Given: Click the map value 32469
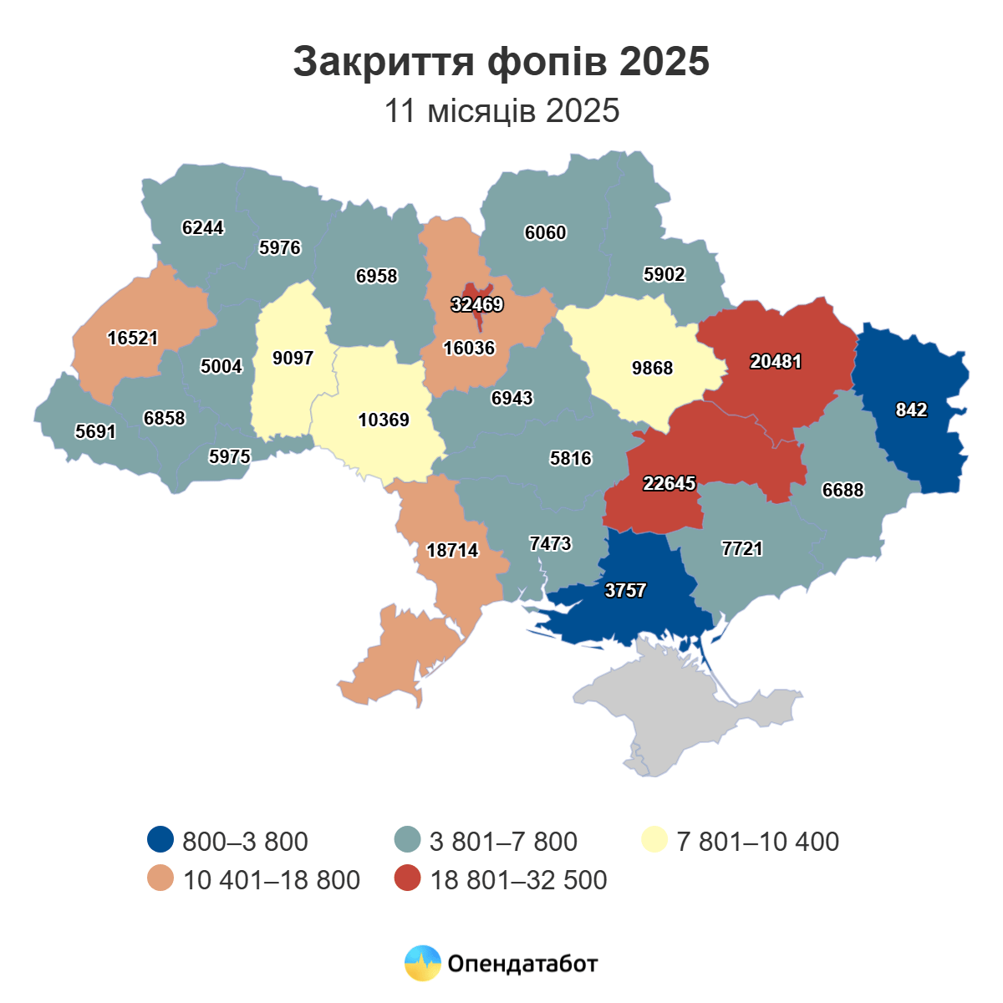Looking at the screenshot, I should pos(477,305).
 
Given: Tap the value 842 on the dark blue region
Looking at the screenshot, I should pos(911,410).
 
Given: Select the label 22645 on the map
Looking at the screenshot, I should pos(670,483).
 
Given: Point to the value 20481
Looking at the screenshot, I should pos(776,362).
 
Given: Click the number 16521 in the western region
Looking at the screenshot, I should pos(133,339).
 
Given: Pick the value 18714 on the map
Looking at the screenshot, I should pos(452,551).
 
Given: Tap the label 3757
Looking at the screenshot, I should pos(625,591).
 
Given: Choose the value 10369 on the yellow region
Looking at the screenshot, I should pos(384,420).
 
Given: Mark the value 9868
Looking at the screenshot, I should pos(652,369).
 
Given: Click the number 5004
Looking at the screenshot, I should pos(221,367).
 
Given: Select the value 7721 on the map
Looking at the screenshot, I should pos(742,549).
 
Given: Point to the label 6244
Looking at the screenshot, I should pos(203,228).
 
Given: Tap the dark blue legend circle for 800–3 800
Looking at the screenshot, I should pos(160,840).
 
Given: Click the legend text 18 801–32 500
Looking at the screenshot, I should pos(518,880).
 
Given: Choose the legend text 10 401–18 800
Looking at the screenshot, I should pos(271,880).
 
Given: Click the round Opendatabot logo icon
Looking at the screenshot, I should pos(422,963).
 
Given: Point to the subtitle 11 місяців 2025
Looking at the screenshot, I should pos(501,111).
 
